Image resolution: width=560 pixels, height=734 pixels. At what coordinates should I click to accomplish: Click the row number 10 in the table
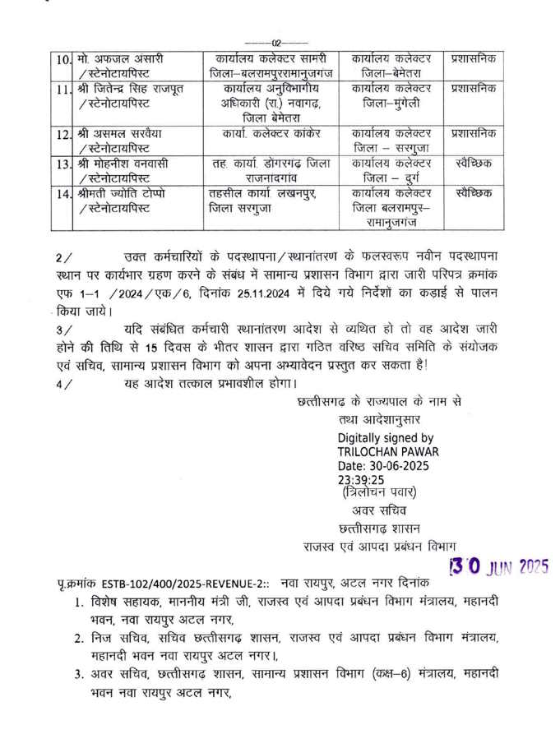64,61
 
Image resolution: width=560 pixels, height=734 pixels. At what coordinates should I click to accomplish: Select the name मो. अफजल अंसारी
118,60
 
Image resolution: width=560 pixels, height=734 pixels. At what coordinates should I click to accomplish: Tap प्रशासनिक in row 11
474,89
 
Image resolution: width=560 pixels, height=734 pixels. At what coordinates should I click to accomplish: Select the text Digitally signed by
386,438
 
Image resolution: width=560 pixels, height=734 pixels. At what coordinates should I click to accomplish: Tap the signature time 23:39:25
360,479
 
